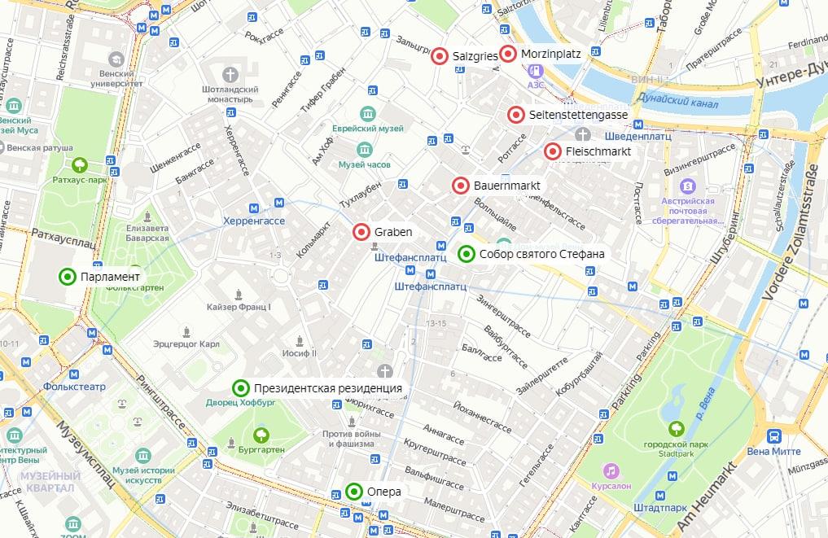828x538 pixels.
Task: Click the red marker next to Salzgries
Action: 440,55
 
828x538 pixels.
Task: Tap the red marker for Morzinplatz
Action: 508,55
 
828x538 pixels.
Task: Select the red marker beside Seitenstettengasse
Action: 515,115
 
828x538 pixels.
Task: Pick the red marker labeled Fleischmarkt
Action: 553,151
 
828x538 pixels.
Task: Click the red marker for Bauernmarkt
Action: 460,186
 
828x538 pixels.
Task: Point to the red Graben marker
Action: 361,232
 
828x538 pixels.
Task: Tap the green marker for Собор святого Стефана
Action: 467,254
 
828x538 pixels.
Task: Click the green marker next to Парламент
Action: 68,277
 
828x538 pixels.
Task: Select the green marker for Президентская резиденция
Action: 241,388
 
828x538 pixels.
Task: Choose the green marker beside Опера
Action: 354,492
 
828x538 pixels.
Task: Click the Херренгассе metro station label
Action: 254,221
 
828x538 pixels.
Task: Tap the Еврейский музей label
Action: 367,129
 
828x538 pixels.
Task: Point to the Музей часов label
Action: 365,164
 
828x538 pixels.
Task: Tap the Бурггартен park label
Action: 261,448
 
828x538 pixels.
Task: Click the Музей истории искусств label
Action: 143,475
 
